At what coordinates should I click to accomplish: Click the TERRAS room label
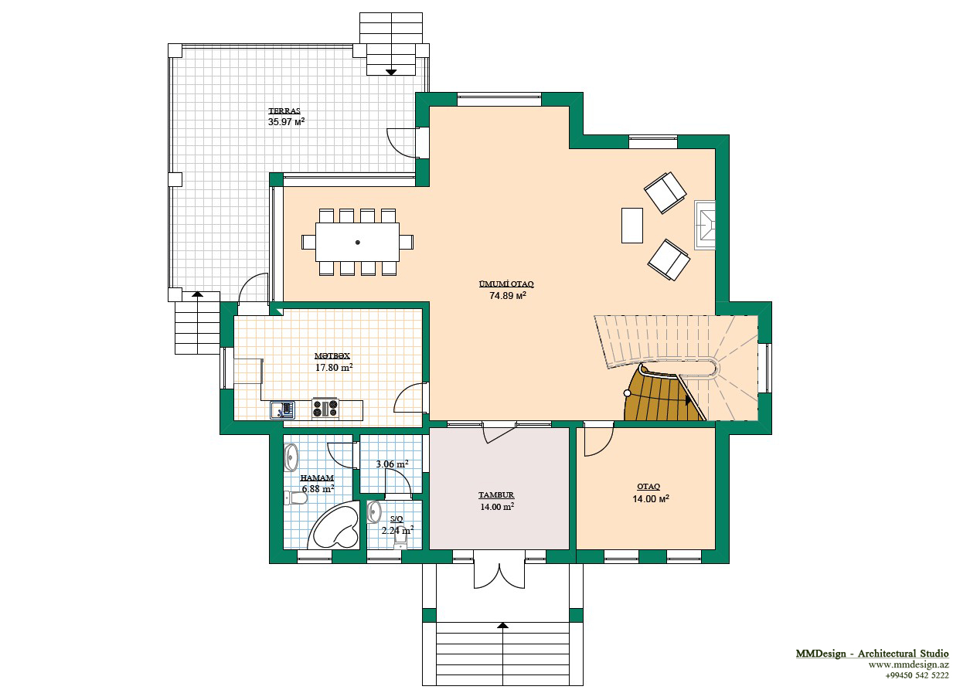point(284,110)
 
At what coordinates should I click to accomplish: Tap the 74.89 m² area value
point(508,295)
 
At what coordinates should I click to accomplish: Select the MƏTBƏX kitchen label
point(332,355)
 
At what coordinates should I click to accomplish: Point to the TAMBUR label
point(496,495)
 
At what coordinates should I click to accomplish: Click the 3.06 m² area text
point(392,464)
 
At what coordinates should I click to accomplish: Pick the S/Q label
point(397,518)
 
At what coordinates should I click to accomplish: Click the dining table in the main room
point(358,243)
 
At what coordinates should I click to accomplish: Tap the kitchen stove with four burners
point(325,409)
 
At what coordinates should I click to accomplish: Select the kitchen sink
point(282,410)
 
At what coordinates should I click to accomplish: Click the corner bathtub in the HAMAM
point(334,526)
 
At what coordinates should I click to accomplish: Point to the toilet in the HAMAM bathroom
point(295,498)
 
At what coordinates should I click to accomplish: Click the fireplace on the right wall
point(704,225)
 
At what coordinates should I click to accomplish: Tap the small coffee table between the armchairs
point(632,226)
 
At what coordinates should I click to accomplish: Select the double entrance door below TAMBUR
point(499,575)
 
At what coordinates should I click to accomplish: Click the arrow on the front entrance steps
point(503,626)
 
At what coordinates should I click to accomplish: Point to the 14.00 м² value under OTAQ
point(651,498)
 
